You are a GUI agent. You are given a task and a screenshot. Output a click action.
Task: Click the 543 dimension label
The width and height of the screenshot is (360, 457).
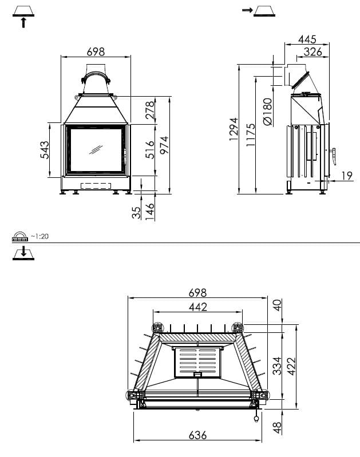coord(45,150)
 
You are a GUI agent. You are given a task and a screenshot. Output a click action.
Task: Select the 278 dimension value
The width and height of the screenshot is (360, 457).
coord(150,110)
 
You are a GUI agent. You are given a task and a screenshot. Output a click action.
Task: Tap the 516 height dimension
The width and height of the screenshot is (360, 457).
coord(150,150)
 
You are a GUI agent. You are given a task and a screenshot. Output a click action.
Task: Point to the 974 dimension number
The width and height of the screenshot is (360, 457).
coord(164,145)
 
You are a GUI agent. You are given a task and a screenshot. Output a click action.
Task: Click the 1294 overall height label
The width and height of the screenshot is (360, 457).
coord(234,129)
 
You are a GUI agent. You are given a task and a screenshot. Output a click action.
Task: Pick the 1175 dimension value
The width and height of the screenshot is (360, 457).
coord(251,135)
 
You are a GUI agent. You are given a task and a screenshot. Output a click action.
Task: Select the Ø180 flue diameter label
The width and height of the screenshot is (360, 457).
coord(267,112)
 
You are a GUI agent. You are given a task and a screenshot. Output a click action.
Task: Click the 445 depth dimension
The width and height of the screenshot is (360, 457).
coord(307,39)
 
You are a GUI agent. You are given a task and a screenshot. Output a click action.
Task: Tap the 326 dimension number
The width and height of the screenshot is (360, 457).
coord(312,52)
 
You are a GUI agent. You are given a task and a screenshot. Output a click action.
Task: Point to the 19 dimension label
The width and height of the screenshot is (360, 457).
coord(347,176)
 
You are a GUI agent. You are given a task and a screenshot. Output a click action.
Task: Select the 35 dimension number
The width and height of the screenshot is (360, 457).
coord(136,213)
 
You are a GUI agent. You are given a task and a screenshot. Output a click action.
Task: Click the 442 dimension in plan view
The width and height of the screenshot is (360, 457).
coord(198,307)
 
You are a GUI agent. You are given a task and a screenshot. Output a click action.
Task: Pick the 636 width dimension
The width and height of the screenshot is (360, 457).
coord(198,435)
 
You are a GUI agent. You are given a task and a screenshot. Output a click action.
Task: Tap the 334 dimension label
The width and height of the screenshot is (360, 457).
coord(277,366)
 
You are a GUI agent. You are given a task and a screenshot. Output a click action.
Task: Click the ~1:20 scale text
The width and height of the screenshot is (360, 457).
coord(39,236)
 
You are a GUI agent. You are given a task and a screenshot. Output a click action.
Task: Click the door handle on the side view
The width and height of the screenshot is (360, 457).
coord(333,157)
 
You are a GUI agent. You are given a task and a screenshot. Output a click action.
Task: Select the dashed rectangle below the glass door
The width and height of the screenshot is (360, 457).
coord(96,186)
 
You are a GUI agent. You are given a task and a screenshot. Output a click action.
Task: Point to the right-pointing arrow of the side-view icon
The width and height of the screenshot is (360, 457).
coord(247,10)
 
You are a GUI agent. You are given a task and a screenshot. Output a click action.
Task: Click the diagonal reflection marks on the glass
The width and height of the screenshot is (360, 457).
coord(96,149)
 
